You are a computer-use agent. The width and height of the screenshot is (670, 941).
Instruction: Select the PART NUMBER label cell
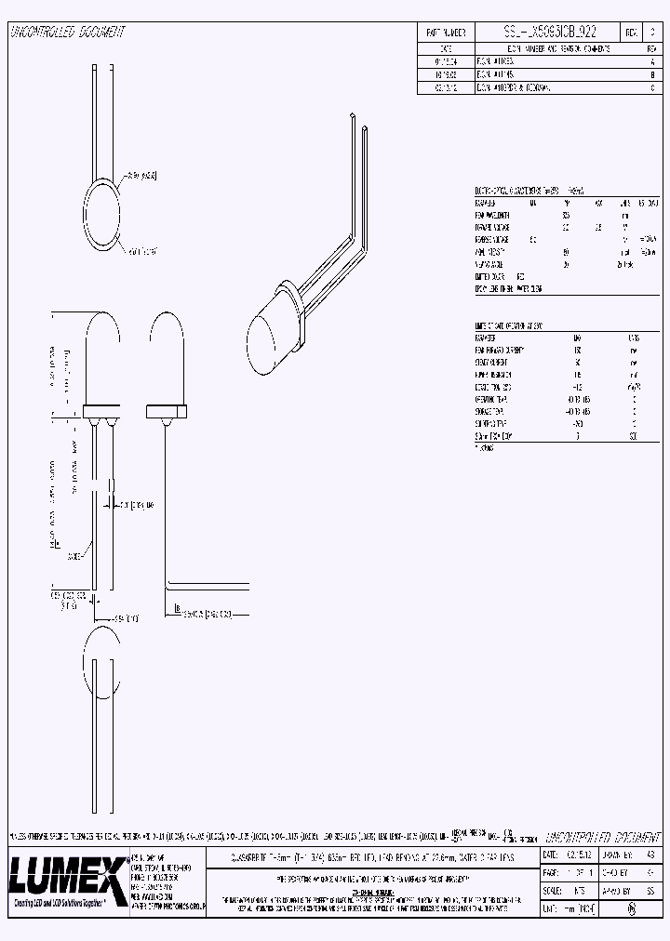[x=446, y=32]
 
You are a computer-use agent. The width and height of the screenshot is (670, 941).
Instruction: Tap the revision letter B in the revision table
[x=652, y=73]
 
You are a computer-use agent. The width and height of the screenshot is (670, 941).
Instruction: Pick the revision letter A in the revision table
[x=652, y=59]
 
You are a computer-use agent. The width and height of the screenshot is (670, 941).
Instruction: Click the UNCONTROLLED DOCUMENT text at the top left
[x=67, y=32]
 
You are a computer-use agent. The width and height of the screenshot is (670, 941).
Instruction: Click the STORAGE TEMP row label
[x=493, y=410]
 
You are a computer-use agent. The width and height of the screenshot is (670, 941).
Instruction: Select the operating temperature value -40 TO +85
[x=578, y=398]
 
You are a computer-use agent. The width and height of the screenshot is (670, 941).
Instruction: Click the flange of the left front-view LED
[x=103, y=410]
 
